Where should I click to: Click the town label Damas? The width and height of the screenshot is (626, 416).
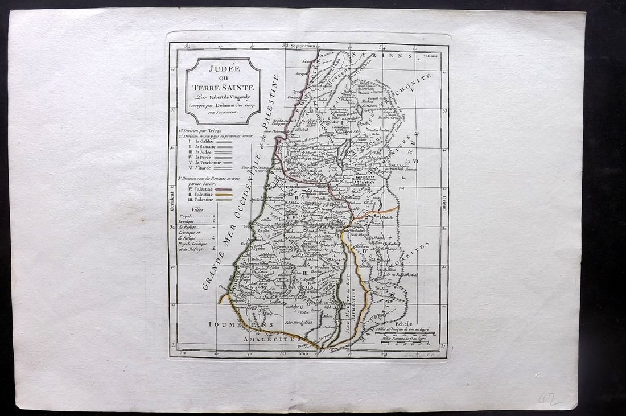433,57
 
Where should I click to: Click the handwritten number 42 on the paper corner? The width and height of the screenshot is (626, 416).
549,399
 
